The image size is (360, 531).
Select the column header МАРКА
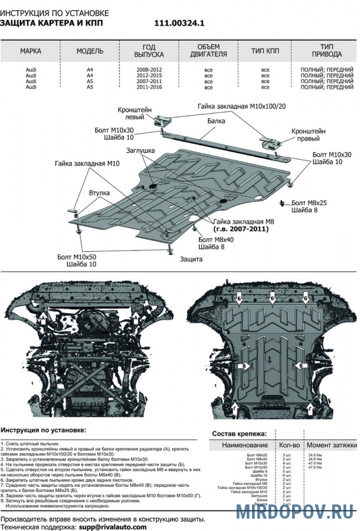tap(30, 51)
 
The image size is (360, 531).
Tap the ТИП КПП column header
tap(265, 51)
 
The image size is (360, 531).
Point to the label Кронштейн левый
tap(134, 113)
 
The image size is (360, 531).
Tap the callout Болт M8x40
tap(216, 240)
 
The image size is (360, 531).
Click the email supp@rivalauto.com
tap(114, 527)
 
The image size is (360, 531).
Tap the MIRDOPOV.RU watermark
tap(294, 511)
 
